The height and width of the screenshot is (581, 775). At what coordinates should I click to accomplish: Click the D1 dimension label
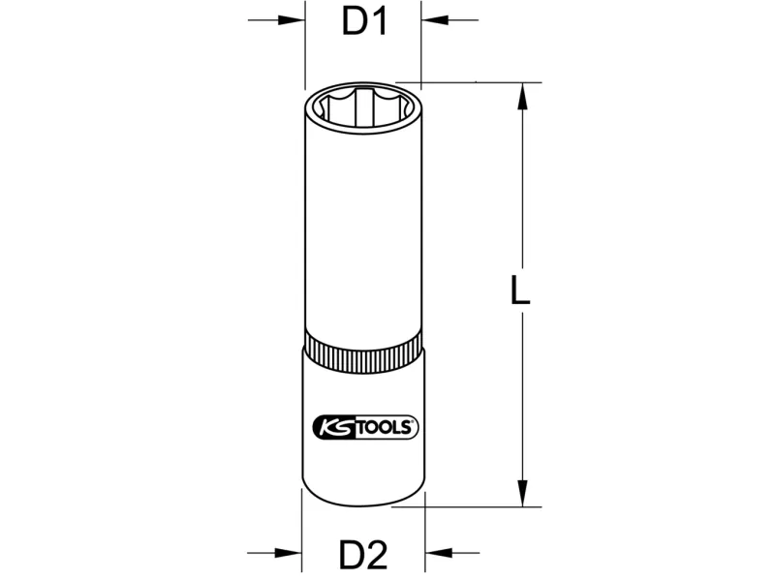pyautogui.click(x=364, y=22)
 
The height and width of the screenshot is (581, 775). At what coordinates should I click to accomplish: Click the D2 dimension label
pyautogui.click(x=363, y=555)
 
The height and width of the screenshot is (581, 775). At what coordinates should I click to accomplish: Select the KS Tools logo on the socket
pyautogui.click(x=366, y=427)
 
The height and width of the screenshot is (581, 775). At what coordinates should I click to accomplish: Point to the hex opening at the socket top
pyautogui.click(x=363, y=108)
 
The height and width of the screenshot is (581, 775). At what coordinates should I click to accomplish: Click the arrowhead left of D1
pyautogui.click(x=291, y=20)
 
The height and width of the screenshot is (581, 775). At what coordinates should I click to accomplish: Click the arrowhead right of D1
pyautogui.click(x=435, y=20)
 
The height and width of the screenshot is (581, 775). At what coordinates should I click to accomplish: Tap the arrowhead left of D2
pyautogui.click(x=288, y=553)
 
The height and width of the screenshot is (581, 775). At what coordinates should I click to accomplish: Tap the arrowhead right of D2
pyautogui.click(x=439, y=553)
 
